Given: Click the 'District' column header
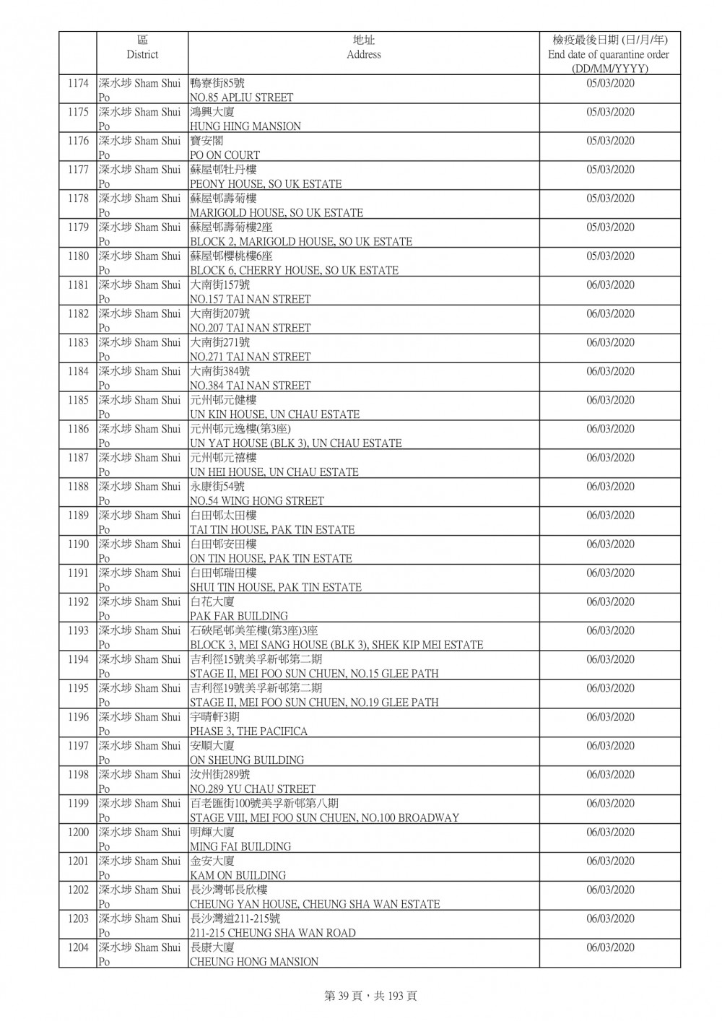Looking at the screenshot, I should click(x=142, y=54).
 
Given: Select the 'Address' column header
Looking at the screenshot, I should click(x=363, y=54).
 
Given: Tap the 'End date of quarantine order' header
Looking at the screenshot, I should click(x=609, y=54).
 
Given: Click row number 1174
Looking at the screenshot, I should click(x=78, y=83).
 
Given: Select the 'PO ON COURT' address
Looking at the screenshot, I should click(x=225, y=155).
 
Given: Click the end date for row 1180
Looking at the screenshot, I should click(x=610, y=256).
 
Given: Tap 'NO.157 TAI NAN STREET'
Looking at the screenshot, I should click(x=250, y=299).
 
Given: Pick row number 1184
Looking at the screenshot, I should click(x=78, y=371).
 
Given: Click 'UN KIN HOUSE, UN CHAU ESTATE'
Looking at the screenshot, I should click(x=274, y=414).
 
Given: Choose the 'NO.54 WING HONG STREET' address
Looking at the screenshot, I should click(x=256, y=501).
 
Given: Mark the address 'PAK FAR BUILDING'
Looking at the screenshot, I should click(x=238, y=616).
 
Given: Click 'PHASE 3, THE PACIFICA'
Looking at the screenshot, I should click(x=248, y=731).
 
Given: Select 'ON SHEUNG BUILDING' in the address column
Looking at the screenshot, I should click(x=246, y=760).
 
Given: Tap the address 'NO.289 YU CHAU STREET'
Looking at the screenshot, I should click(x=252, y=789).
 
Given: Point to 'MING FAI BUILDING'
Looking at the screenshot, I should click(x=240, y=846).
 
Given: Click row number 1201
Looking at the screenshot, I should click(x=78, y=861).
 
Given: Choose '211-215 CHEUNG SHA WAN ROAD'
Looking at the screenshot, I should click(x=272, y=933).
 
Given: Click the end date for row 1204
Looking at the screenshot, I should click(x=610, y=947).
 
